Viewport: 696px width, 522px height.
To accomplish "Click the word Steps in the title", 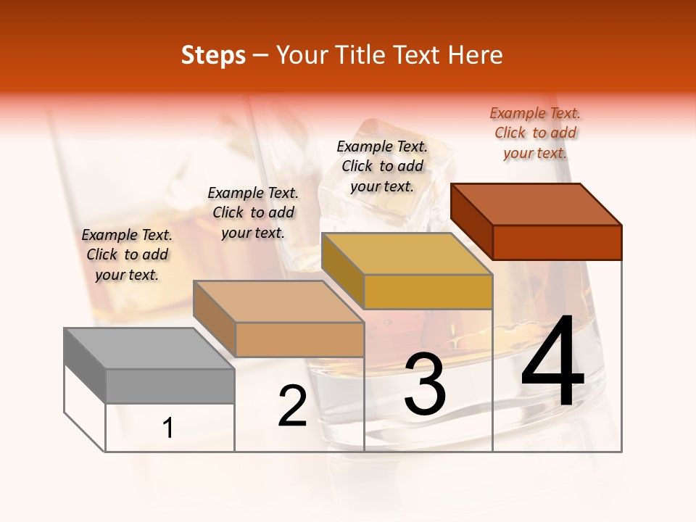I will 213,55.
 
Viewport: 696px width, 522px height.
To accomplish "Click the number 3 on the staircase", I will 425,384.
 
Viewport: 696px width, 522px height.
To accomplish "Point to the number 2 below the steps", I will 292,406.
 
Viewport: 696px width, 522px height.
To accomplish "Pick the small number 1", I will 168,428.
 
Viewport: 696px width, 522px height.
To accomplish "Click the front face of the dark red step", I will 557,242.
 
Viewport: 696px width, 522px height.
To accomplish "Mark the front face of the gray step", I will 170,386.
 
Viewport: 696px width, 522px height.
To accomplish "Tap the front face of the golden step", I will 428,291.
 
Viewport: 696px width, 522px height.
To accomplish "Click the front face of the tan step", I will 299,339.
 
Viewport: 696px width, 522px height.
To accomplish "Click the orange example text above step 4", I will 535,133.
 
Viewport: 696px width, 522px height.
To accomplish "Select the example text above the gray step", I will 127,254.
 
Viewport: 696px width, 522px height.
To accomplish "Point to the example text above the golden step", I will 382,166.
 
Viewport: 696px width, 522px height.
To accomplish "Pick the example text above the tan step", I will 253,212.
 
